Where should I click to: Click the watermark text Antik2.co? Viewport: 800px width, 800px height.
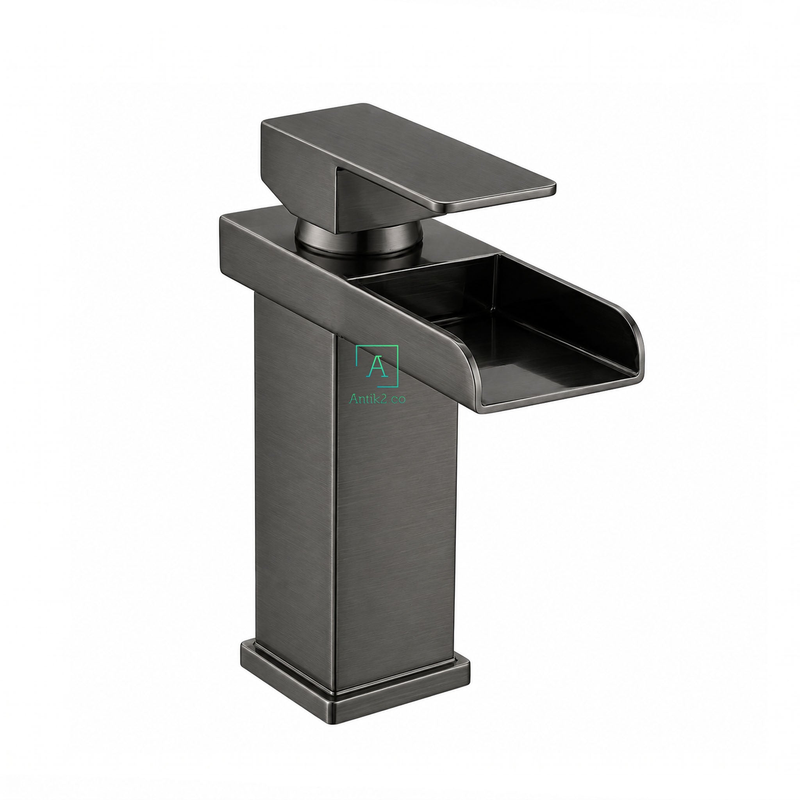377,398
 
